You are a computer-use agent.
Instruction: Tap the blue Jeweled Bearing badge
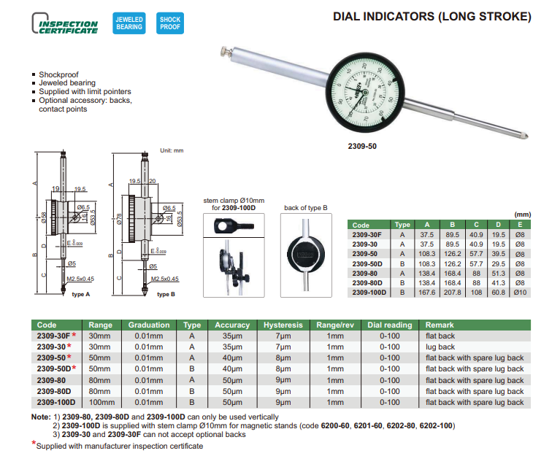tap(129, 23)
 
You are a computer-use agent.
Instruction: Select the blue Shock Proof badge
tap(169, 23)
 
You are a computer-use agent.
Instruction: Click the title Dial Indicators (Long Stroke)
tap(432, 15)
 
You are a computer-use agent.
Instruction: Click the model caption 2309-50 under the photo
tap(362, 146)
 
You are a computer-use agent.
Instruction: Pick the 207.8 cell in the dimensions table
tap(452, 292)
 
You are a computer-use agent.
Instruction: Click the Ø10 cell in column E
tap(519, 292)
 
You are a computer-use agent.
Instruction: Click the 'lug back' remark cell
tap(440, 347)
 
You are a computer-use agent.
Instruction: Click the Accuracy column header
tap(232, 325)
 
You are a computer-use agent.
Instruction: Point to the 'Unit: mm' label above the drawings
tap(172, 151)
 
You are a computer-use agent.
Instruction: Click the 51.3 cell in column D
tap(498, 272)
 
